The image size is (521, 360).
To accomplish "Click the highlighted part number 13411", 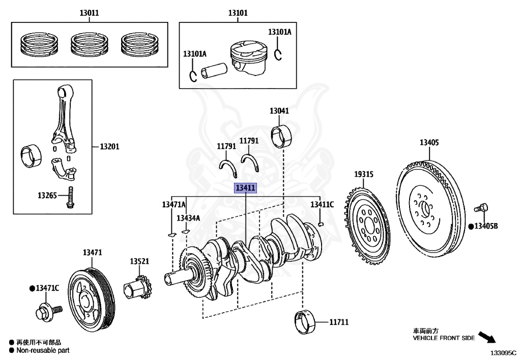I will pos(245,188).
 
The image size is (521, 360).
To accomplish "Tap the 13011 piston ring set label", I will pos(89,13).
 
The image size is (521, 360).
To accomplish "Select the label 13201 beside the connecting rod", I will pos(109,147).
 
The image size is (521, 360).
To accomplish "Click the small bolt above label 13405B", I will pos(481,208).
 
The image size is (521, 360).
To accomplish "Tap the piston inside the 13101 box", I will pos(248,60).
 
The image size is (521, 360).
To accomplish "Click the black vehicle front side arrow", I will pos(487,338).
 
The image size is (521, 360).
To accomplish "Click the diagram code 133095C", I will pos(503,352).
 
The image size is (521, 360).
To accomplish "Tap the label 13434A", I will pos(188,218).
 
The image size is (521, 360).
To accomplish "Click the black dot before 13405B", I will pos(471,226).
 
